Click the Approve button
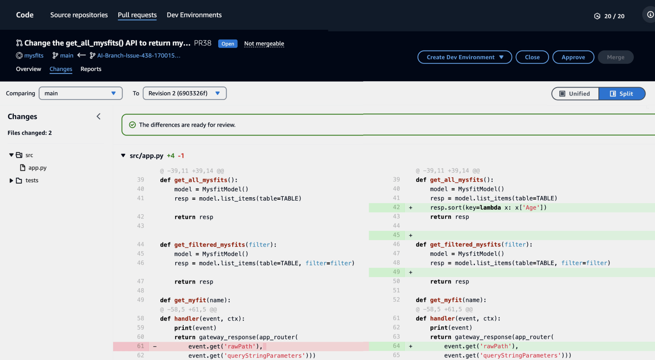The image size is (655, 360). pos(573,57)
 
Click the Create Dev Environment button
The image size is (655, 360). pos(464,57)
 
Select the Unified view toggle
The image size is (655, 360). pos(575,94)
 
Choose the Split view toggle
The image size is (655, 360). pos(622,94)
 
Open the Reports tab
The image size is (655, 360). pos(91,69)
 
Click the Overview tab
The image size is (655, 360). pos(28,69)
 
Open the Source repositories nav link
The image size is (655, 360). pos(79,15)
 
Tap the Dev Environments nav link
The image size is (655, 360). pos(194,15)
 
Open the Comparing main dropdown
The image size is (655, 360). pos(81,93)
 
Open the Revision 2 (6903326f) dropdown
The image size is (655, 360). pos(185,93)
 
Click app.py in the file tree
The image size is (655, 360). pos(37,168)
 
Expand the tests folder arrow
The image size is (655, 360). pos(11,181)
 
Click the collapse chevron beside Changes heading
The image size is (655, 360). pos(99,116)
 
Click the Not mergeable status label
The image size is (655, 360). pos(264,43)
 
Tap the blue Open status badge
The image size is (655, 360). pos(228,43)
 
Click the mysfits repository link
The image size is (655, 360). pos(34,56)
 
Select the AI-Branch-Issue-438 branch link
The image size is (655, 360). pos(139,56)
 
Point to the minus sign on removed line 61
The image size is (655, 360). pos(155,346)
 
